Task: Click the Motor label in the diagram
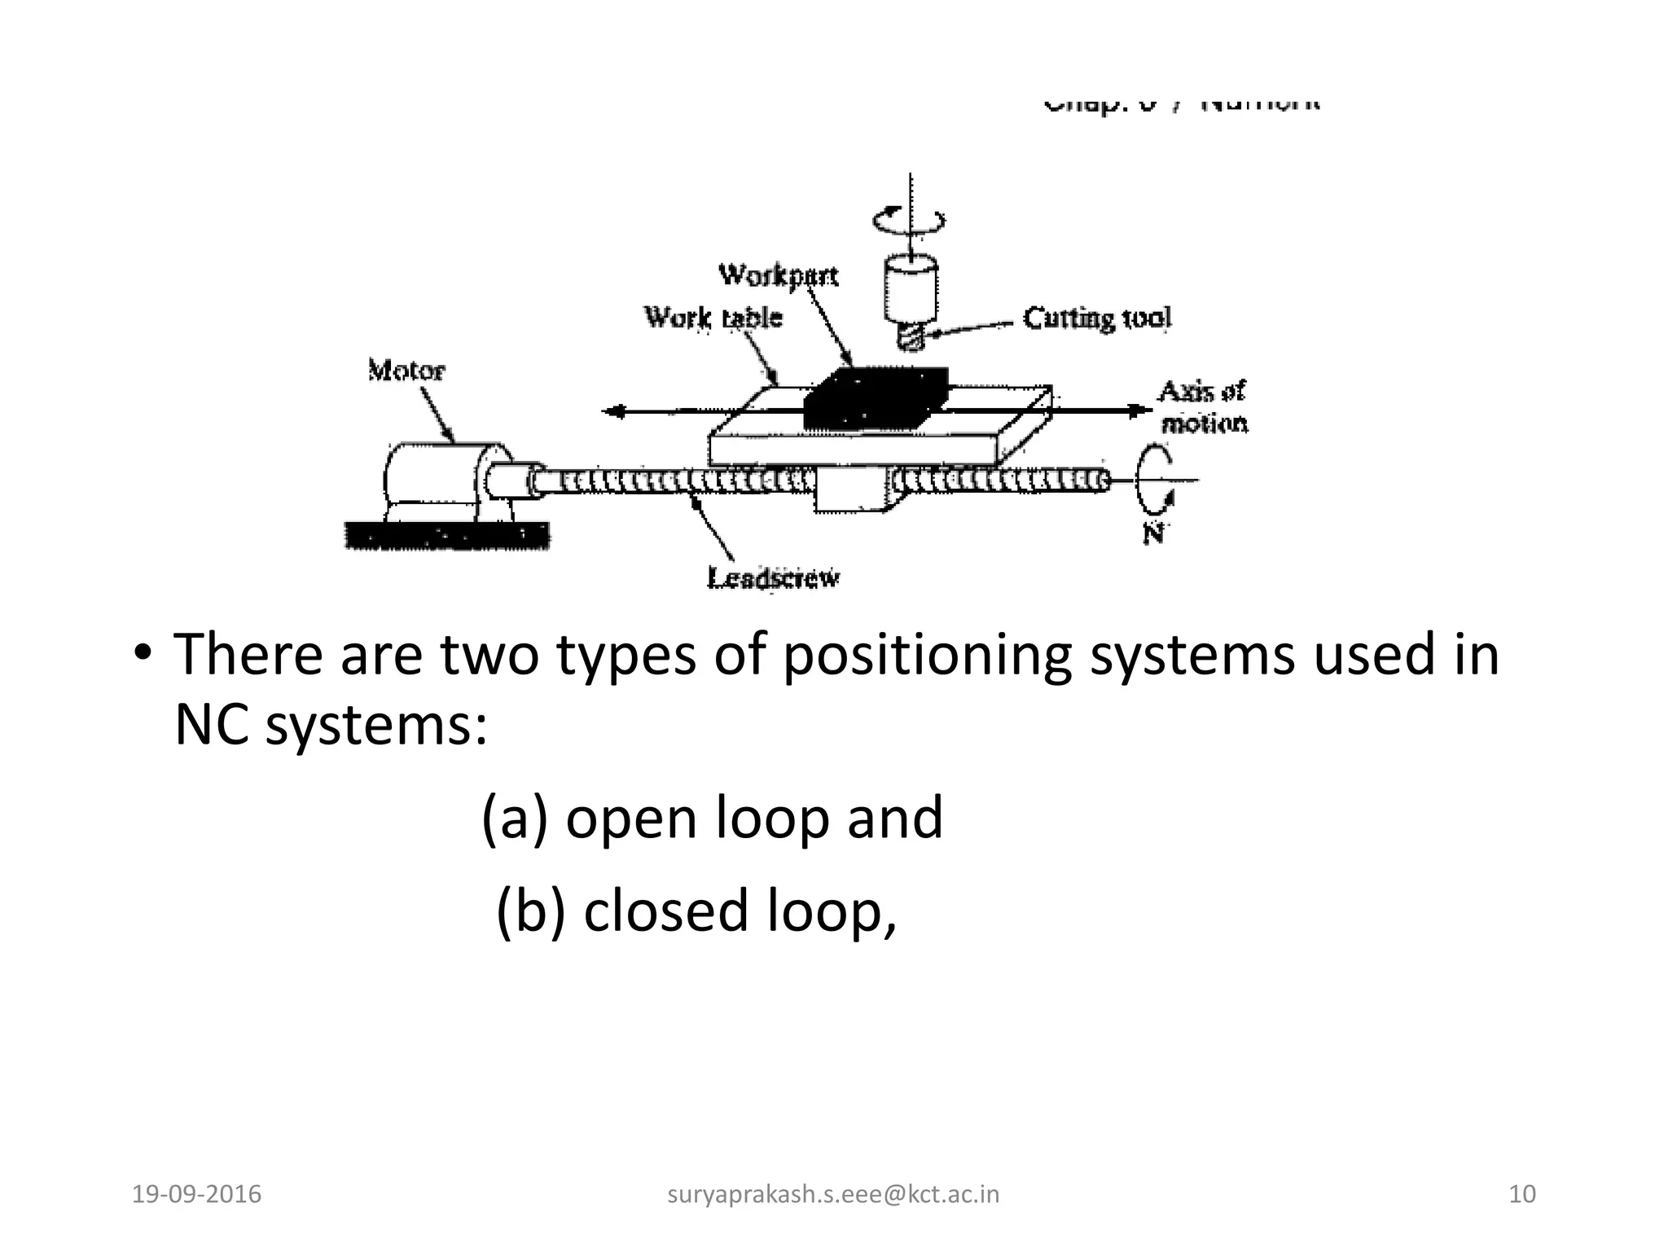tap(406, 371)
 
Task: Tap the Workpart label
tap(778, 275)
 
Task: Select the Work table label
tap(713, 317)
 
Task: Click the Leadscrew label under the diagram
tap(773, 578)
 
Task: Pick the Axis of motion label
tap(1203, 407)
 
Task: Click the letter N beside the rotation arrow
tap(1152, 533)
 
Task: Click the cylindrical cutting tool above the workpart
tap(911, 301)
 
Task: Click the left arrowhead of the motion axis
tap(612, 412)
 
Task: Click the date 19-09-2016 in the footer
tap(196, 1195)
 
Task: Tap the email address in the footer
tap(833, 1195)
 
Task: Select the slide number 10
tap(1522, 1195)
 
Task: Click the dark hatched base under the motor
tap(447, 536)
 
